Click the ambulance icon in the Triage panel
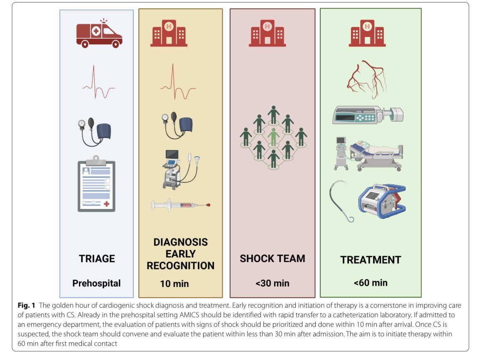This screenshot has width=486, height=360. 99,34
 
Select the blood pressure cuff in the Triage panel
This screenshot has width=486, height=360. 95,132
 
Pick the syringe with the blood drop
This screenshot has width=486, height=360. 181,205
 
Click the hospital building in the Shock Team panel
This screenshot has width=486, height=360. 267,33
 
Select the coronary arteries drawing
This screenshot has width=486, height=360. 367,79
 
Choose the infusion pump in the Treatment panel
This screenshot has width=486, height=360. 368,115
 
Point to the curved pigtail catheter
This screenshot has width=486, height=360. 341,201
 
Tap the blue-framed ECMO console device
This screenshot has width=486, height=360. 382,201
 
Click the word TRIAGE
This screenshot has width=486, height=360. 97,258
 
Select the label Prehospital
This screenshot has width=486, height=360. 96,283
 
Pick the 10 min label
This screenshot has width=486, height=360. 174,284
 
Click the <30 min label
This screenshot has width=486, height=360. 272,283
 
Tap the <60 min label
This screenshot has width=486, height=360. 371,282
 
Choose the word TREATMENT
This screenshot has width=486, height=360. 371,260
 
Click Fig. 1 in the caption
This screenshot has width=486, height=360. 26,305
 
